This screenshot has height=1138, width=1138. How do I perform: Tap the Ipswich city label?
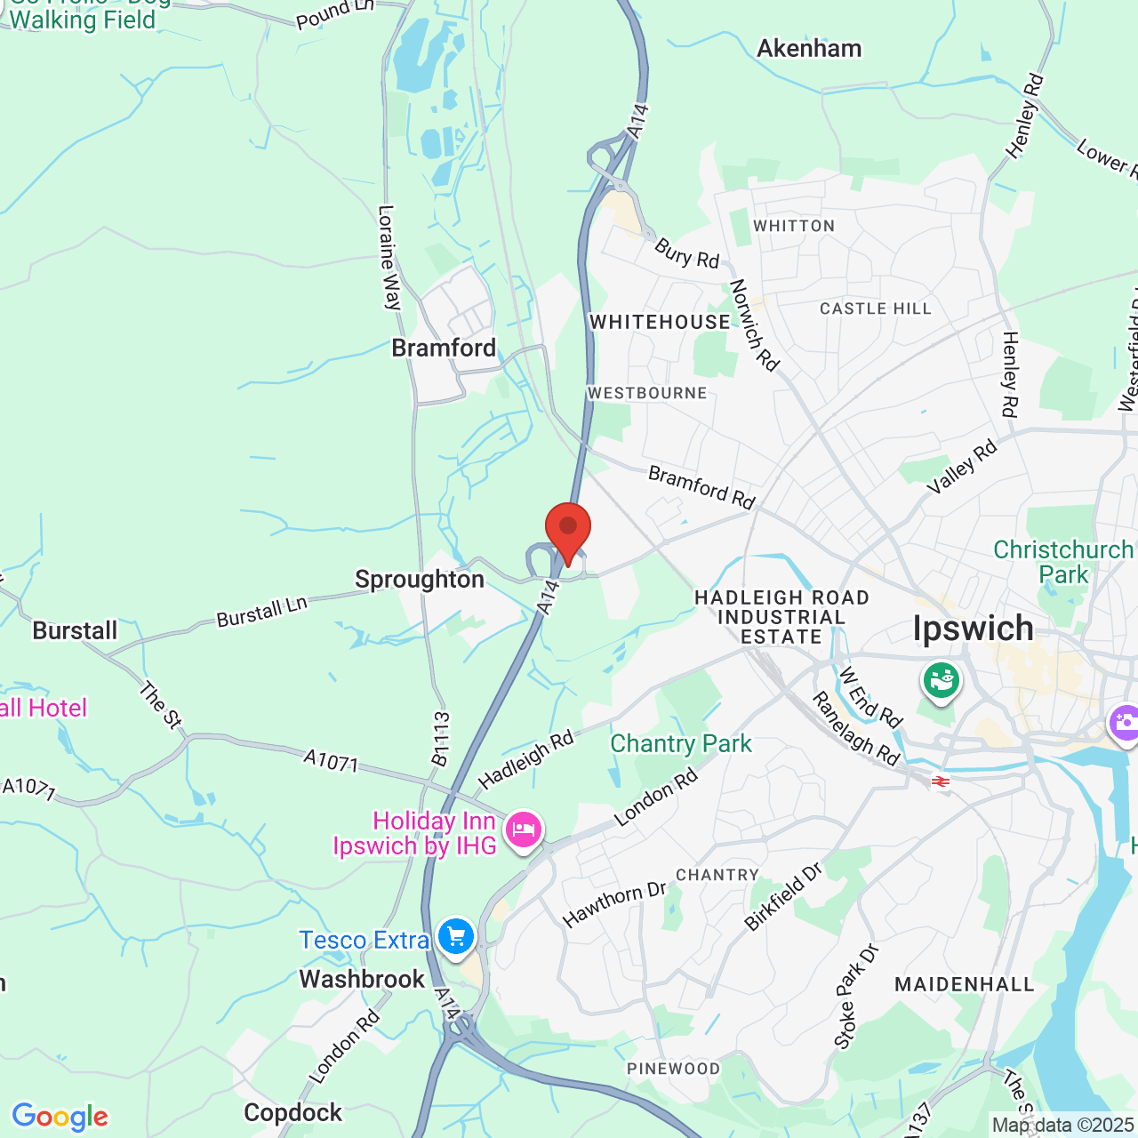pyautogui.click(x=974, y=629)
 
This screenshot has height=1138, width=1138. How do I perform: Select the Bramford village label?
pyautogui.click(x=444, y=348)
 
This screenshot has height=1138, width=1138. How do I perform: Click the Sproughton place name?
pyautogui.click(x=420, y=580)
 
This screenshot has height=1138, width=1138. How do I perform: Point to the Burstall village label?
pyautogui.click(x=75, y=631)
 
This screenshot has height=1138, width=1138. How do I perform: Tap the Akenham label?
pyautogui.click(x=809, y=48)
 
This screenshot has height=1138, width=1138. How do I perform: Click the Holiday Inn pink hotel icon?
pyautogui.click(x=523, y=831)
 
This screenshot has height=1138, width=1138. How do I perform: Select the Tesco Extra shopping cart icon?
pyautogui.click(x=455, y=937)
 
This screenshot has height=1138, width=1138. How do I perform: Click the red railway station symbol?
pyautogui.click(x=940, y=781)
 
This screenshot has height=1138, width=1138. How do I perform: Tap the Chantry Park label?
pyautogui.click(x=681, y=743)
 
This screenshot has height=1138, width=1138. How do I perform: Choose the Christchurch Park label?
pyautogui.click(x=1063, y=562)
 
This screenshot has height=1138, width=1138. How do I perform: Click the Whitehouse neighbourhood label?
pyautogui.click(x=660, y=322)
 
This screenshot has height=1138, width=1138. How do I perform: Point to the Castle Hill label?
pyautogui.click(x=876, y=309)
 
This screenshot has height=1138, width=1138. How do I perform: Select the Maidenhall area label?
pyautogui.click(x=965, y=984)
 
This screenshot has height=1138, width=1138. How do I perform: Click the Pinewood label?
pyautogui.click(x=673, y=1069)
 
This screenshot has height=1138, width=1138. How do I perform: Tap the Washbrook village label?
pyautogui.click(x=362, y=979)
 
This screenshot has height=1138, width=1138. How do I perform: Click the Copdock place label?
pyautogui.click(x=293, y=1112)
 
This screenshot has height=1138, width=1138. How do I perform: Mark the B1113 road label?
pyautogui.click(x=440, y=738)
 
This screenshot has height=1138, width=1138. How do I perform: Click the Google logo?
pyautogui.click(x=60, y=1117)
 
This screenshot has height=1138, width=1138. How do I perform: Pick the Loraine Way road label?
pyautogui.click(x=389, y=257)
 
